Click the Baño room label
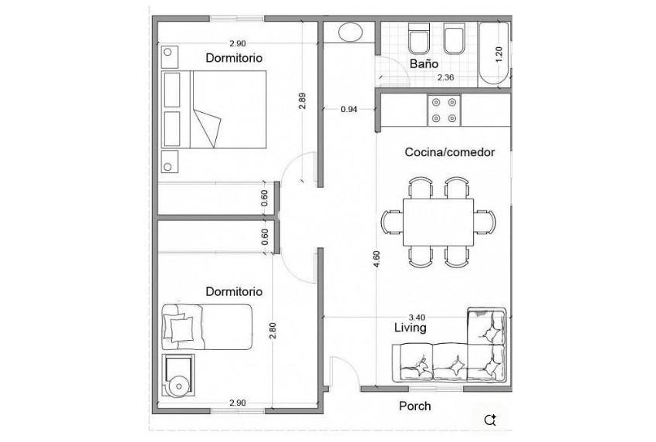(424, 65)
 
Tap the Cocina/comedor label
(449, 152)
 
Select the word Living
(410, 328)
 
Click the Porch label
(414, 406)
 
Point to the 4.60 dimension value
(376, 259)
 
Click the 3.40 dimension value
(417, 317)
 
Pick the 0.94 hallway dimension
(349, 110)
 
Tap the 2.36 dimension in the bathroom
(445, 77)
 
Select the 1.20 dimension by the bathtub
(499, 53)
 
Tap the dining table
(438, 223)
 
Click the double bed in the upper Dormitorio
(215, 109)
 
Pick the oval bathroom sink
(351, 33)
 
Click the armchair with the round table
(179, 376)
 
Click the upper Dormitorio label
(233, 58)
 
